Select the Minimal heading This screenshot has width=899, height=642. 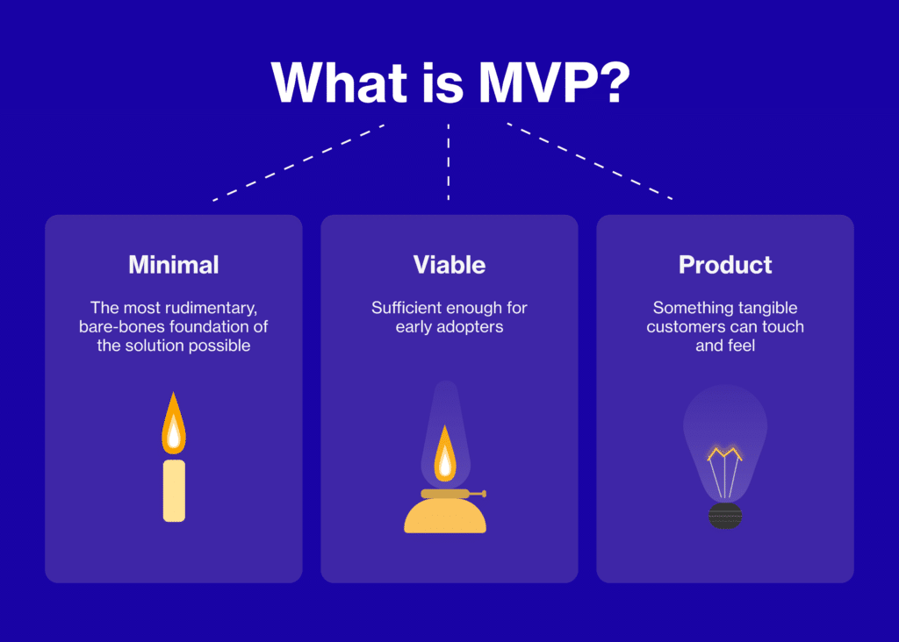click(174, 264)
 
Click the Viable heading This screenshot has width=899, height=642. click(449, 264)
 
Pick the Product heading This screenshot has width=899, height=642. click(725, 264)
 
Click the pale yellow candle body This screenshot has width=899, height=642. click(174, 489)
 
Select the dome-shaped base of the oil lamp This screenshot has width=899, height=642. click(445, 517)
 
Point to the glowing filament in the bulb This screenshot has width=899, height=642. click(725, 454)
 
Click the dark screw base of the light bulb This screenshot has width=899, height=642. click(725, 516)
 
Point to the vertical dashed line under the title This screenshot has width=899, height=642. click(449, 162)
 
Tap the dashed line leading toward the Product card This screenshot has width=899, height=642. click(590, 162)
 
